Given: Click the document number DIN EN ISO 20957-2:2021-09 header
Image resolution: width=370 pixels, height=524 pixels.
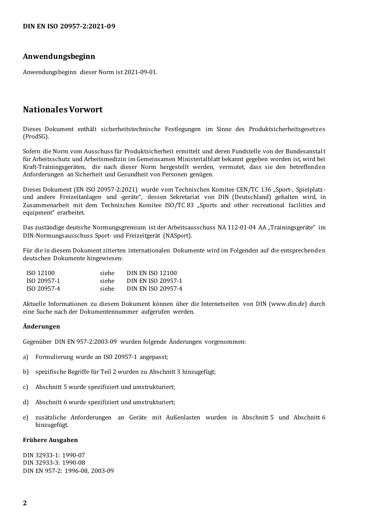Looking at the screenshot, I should pos(69,27).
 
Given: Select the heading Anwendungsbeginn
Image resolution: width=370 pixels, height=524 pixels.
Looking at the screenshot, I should pos(59,56).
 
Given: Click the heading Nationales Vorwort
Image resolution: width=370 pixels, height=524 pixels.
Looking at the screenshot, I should pos(63,110).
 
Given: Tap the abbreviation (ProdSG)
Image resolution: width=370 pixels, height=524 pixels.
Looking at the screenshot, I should pos(36,137).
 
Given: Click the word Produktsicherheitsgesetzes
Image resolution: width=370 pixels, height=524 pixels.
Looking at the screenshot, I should pos(287,129).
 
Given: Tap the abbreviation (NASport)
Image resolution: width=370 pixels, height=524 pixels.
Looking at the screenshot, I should pos(178,236).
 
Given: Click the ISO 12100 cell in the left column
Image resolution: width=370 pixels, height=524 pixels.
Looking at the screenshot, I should pos(41,273).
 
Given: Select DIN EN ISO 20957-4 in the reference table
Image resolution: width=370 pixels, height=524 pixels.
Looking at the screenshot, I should pos(154,289).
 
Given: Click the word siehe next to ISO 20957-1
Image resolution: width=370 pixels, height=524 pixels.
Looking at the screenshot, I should pos(107,281).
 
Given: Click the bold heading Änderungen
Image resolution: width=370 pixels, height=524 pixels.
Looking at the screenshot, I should pos(41,327).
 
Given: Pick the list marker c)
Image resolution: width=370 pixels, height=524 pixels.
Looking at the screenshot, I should pos(26,387).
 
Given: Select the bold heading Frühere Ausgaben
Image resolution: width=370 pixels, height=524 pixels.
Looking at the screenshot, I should pos(50,440).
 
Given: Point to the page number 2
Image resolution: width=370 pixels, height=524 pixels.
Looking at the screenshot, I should pos(25,503).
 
